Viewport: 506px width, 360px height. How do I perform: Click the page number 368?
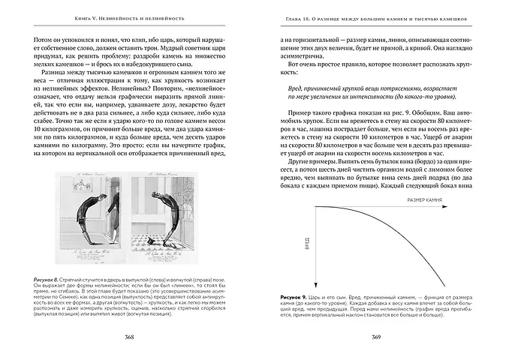point(129,336)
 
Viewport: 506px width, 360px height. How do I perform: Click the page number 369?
point(377,336)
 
